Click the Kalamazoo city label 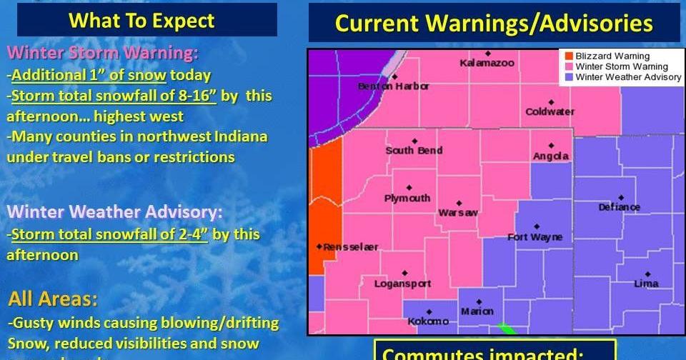(x=487, y=64)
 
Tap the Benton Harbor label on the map (x=394, y=86)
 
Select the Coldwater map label (x=550, y=112)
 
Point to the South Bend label (x=414, y=151)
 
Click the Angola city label (x=551, y=156)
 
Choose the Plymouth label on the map (x=407, y=199)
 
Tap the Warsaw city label (x=458, y=213)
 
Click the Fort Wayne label (x=535, y=237)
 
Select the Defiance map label (x=620, y=207)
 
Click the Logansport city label (x=403, y=284)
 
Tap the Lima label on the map (x=646, y=284)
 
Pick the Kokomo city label (x=428, y=321)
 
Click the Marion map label (x=477, y=311)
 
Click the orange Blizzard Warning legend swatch (x=569, y=56)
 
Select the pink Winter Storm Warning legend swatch (x=569, y=67)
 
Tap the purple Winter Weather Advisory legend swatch (x=569, y=77)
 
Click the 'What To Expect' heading (x=141, y=21)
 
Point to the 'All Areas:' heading (x=53, y=299)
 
